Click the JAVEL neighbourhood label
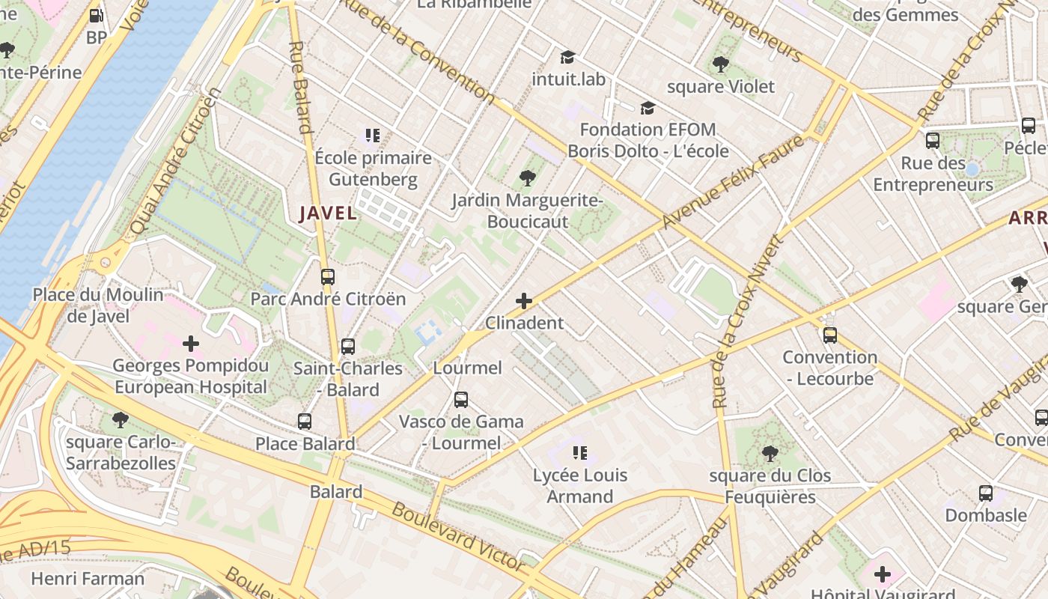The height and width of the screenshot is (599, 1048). pyautogui.click(x=328, y=213)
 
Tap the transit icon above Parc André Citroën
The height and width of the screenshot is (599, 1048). pyautogui.click(x=327, y=277)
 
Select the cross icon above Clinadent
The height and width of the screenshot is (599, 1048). pyautogui.click(x=524, y=301)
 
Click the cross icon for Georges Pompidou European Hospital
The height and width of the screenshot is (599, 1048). pyautogui.click(x=191, y=344)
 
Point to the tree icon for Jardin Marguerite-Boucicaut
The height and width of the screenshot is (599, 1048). pyautogui.click(x=527, y=178)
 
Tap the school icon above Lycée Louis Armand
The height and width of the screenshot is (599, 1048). pyautogui.click(x=579, y=453)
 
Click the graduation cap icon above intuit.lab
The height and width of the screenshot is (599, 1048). pyautogui.click(x=568, y=57)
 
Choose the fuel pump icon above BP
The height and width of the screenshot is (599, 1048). pyautogui.click(x=96, y=16)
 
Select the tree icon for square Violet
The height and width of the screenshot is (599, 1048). pyautogui.click(x=721, y=64)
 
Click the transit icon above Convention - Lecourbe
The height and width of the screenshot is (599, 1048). pyautogui.click(x=829, y=335)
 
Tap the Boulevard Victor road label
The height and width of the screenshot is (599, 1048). pyautogui.click(x=457, y=535)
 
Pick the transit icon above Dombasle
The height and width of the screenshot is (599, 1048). pyautogui.click(x=986, y=493)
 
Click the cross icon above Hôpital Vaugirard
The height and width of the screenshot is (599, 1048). pyautogui.click(x=883, y=574)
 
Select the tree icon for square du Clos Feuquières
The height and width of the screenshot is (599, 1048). pyautogui.click(x=770, y=454)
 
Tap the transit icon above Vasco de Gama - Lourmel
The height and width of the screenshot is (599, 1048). pyautogui.click(x=461, y=400)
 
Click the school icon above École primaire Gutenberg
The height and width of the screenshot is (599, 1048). pyautogui.click(x=373, y=136)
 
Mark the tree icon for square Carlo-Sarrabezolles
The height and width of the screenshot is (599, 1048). pyautogui.click(x=120, y=419)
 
